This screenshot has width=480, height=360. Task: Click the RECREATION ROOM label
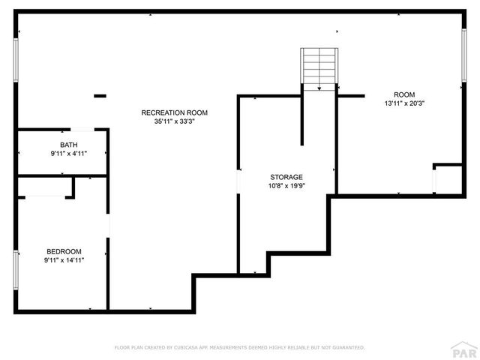[x=174, y=112]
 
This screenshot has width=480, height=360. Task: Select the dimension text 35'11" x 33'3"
[x=174, y=121]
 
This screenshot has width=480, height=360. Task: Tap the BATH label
[x=69, y=144]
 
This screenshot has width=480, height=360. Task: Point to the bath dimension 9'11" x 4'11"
[x=69, y=153]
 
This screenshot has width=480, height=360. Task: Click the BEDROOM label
[x=64, y=251]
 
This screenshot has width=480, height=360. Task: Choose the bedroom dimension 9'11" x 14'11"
[x=64, y=260]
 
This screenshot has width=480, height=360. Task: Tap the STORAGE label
[x=286, y=177]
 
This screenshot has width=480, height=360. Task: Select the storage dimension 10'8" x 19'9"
[x=286, y=186]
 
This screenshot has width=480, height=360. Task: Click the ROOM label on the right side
[x=404, y=94]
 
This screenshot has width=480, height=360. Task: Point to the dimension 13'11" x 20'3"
[x=404, y=103]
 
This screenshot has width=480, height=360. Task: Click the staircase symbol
[x=319, y=67]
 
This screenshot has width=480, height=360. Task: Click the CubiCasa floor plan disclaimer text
[x=239, y=348]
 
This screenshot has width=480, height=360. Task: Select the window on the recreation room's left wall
[x=15, y=59]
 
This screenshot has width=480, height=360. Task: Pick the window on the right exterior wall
[x=463, y=57]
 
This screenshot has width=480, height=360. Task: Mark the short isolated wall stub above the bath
[x=100, y=96]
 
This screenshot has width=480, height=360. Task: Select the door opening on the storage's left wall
[x=238, y=182]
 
